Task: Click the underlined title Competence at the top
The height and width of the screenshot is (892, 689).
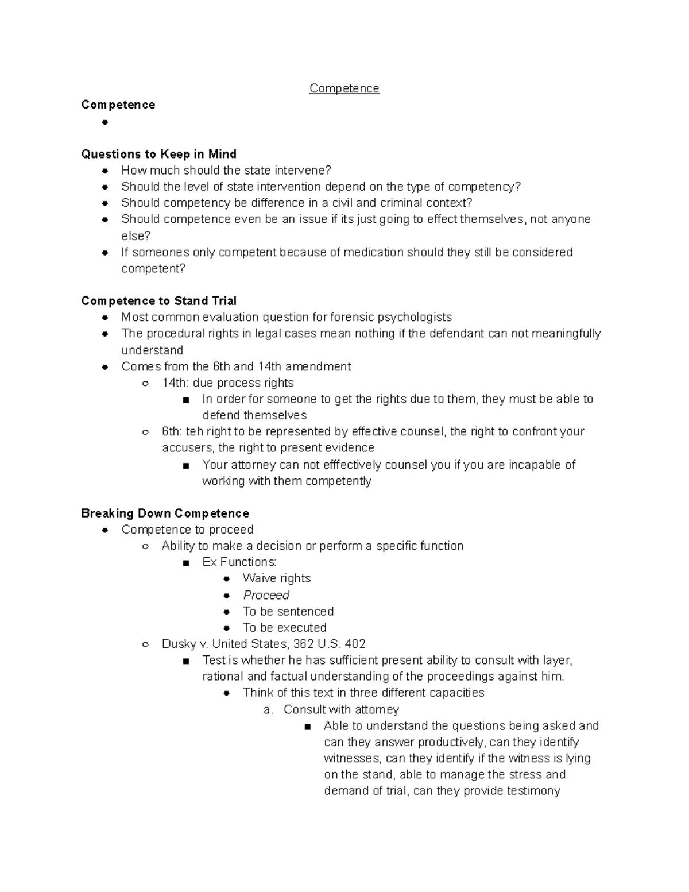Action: [344, 88]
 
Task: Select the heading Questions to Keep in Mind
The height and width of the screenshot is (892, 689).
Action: [158, 154]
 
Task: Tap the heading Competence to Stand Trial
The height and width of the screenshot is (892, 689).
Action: [158, 301]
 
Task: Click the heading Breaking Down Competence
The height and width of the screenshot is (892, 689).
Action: [165, 513]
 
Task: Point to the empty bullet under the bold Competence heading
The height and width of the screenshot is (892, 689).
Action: [104, 122]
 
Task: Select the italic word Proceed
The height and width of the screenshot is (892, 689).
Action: [266, 595]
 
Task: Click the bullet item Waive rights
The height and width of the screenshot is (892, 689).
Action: [276, 578]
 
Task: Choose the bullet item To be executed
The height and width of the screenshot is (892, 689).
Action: [284, 628]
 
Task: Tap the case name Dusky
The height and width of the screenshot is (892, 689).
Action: [179, 644]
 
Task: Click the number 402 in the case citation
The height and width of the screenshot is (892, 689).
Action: [355, 644]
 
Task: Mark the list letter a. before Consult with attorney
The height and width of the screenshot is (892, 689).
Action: [268, 710]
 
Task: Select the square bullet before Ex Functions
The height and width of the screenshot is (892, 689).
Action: [185, 563]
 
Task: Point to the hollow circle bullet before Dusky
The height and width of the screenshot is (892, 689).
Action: [145, 644]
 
